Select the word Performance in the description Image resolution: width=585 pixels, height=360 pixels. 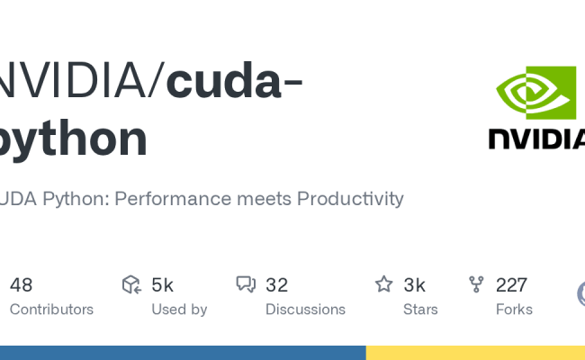coord(183,198)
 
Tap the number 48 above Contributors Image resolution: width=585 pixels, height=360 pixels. coord(21,285)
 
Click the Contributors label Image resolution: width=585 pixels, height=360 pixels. coord(51,310)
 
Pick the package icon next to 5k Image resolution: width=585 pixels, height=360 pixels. coord(131,285)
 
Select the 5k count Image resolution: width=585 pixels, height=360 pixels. coord(162,285)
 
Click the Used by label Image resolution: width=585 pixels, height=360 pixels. coord(179,310)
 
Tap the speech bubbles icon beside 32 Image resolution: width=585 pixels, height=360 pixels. coord(246,285)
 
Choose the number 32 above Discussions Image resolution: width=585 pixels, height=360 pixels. coord(276,285)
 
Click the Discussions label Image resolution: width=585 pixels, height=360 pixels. coord(305,310)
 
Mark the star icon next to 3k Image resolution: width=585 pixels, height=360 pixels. coord(384,285)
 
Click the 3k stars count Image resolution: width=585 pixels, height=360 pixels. coord(414,285)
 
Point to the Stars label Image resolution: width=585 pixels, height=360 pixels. coord(420,310)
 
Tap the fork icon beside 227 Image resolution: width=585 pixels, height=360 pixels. coord(477,285)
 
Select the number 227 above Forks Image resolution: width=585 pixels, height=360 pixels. coord(511,285)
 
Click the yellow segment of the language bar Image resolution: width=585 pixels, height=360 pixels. coord(475,353)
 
